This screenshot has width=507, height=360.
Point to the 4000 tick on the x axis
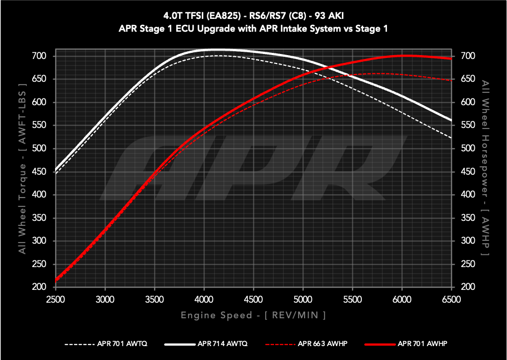point(204,299)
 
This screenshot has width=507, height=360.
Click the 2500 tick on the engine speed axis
point(56,299)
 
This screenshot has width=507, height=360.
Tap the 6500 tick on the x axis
point(451,299)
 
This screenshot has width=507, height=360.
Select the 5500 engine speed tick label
point(352,299)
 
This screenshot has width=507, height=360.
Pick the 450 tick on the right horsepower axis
point(468,172)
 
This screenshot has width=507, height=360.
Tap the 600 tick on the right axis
point(468,102)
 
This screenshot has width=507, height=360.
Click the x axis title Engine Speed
point(253,315)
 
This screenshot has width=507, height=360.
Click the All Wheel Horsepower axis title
point(486,167)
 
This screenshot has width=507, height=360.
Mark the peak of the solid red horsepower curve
point(406,56)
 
